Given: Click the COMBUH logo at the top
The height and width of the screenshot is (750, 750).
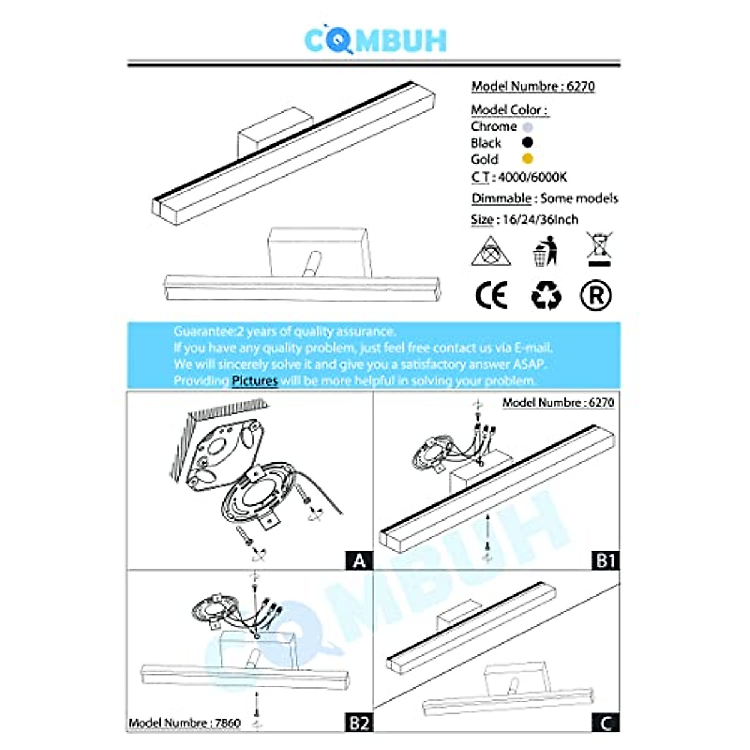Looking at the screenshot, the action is [375, 39].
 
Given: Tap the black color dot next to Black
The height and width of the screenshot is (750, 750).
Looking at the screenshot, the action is [527, 142].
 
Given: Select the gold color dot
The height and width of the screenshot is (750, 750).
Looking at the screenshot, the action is [527, 159].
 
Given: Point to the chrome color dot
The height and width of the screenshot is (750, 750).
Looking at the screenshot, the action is [527, 126].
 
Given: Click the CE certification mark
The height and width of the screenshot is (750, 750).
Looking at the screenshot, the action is [492, 295].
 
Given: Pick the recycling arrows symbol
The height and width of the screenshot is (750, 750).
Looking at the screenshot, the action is [546, 296].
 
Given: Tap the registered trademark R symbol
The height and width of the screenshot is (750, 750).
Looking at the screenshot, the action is [596, 296].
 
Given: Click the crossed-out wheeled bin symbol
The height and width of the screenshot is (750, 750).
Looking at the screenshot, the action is [599, 249].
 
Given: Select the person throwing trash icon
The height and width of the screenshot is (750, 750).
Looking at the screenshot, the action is [545, 251].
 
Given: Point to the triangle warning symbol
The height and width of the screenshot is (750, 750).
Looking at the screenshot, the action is [491, 251].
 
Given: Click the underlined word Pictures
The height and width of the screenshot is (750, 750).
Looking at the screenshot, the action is [255, 380].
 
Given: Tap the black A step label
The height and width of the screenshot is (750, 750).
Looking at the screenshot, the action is [359, 561].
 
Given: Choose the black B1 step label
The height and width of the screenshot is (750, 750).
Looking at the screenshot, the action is [606, 561].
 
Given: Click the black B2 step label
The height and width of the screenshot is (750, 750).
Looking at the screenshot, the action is [359, 722].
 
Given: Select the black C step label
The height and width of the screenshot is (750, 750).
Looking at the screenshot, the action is [606, 722].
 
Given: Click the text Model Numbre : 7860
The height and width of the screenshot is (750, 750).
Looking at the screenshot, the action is [185, 722].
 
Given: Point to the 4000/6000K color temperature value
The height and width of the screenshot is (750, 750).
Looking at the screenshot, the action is [532, 177].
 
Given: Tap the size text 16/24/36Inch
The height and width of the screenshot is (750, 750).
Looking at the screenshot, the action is [540, 220].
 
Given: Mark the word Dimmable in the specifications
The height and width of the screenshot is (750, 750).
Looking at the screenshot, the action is [501, 199].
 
